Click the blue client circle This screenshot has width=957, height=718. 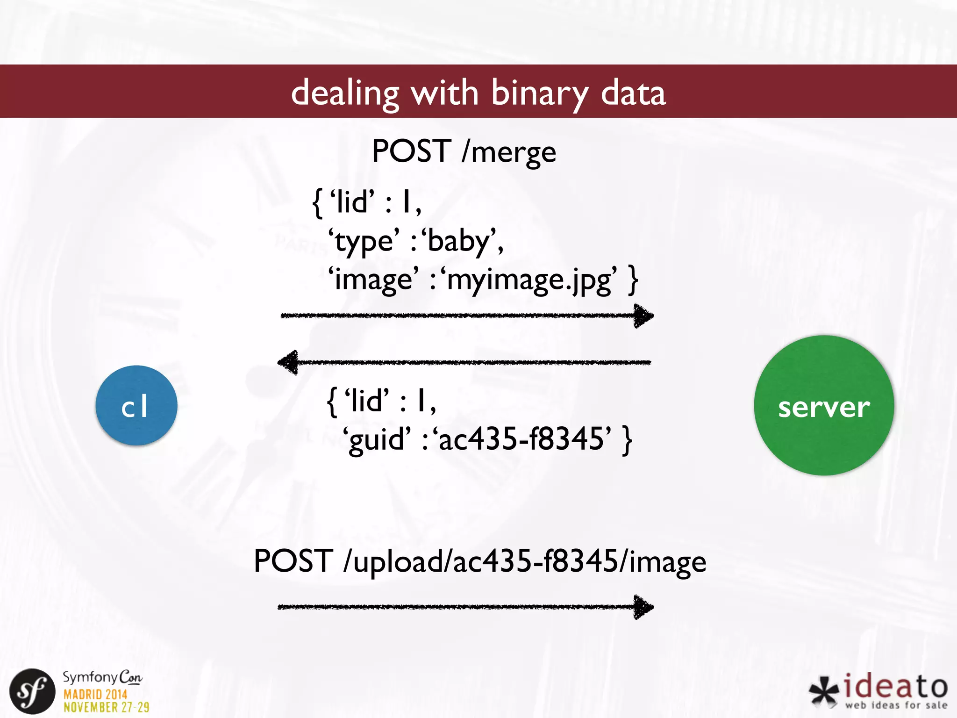coord(136,405)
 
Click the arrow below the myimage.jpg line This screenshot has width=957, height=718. coord(467,316)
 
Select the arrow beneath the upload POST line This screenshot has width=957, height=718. coord(465,607)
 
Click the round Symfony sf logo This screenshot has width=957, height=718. coord(32,691)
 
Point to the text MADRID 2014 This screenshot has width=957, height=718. coord(95,694)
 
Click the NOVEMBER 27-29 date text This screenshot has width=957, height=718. coord(107,707)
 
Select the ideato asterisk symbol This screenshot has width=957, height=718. coord(824,691)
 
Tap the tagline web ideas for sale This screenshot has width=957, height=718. coord(896,705)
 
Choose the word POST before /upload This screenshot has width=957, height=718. coord(293,561)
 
